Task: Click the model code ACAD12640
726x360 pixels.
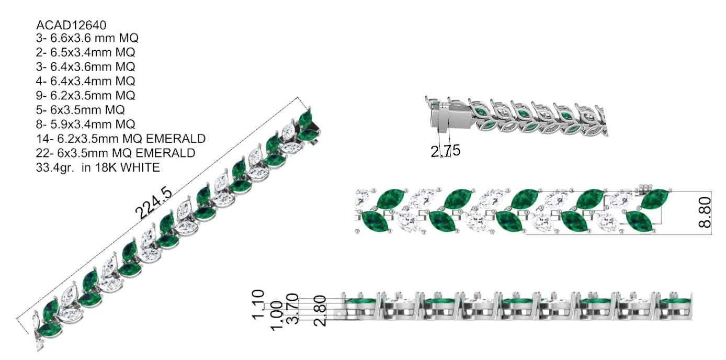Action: pos(71,25)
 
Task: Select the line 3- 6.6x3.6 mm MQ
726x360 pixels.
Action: pos(87,38)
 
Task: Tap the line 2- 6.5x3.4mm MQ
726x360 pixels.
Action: pos(86,52)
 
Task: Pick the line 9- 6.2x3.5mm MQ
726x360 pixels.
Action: pos(86,95)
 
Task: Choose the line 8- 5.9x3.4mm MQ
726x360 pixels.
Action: pos(86,124)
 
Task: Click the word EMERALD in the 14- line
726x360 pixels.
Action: pos(176,139)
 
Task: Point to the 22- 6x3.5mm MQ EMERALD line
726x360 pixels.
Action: pos(116,153)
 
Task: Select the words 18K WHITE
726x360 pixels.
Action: pos(128,167)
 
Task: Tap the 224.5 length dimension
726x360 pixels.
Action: pos(153,203)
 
